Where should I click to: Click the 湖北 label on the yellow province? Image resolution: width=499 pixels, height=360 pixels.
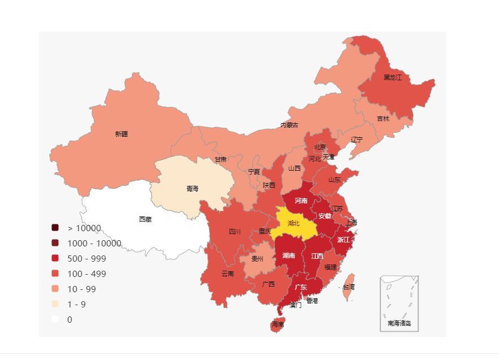pos(293,223)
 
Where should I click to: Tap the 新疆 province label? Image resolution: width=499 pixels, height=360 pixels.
pos(122,134)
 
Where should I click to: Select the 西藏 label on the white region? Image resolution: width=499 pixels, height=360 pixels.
pos(145,219)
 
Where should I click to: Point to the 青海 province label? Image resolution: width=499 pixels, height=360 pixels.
pos(192,188)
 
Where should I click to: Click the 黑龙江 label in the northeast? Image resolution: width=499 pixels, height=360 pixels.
pos(392,77)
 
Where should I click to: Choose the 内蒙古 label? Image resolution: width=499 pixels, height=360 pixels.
pos(289,125)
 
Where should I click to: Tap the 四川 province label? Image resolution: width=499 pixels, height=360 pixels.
pos(235,231)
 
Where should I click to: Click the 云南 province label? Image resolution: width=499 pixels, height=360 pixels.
pos(227,274)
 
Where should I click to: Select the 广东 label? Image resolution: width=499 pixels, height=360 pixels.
pos(301,287)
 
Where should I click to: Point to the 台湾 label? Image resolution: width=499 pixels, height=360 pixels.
pos(349,287)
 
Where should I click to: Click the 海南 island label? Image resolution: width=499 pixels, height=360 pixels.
pos(277,324)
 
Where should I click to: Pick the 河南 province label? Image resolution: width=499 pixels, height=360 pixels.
pos(301,201)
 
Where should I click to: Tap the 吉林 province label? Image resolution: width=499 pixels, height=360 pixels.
pos(383,119)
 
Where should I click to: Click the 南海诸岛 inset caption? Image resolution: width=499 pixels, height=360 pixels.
pos(399,324)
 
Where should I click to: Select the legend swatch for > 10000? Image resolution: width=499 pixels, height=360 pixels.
pos(55,228)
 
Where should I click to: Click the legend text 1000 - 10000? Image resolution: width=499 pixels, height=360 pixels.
pos(94,243)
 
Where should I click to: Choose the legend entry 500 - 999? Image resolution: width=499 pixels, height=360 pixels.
pos(86,258)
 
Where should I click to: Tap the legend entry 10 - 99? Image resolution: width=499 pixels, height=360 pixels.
pos(82,289)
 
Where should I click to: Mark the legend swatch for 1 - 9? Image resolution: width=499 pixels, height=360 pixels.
pos(55,304)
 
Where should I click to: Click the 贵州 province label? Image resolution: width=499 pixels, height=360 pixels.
pos(257,259)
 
